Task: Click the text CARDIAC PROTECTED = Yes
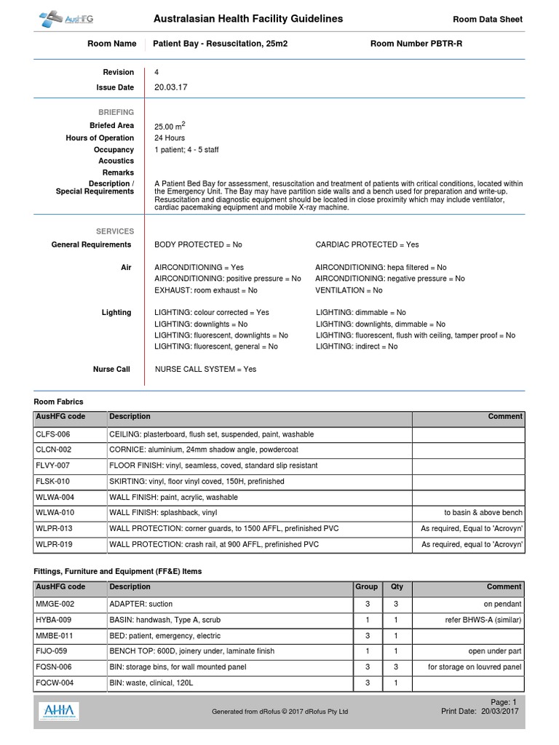click(367, 244)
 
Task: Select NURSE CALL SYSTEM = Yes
click(205, 369)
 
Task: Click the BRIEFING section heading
click(116, 112)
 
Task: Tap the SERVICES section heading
click(115, 231)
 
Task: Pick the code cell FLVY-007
click(53, 466)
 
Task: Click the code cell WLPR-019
click(54, 544)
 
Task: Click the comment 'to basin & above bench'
click(483, 513)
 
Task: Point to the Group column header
click(366, 586)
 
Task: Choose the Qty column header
click(397, 586)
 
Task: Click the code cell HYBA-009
click(54, 620)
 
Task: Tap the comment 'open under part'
click(495, 651)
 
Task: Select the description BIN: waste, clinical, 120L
click(156, 682)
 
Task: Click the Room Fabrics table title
click(59, 402)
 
